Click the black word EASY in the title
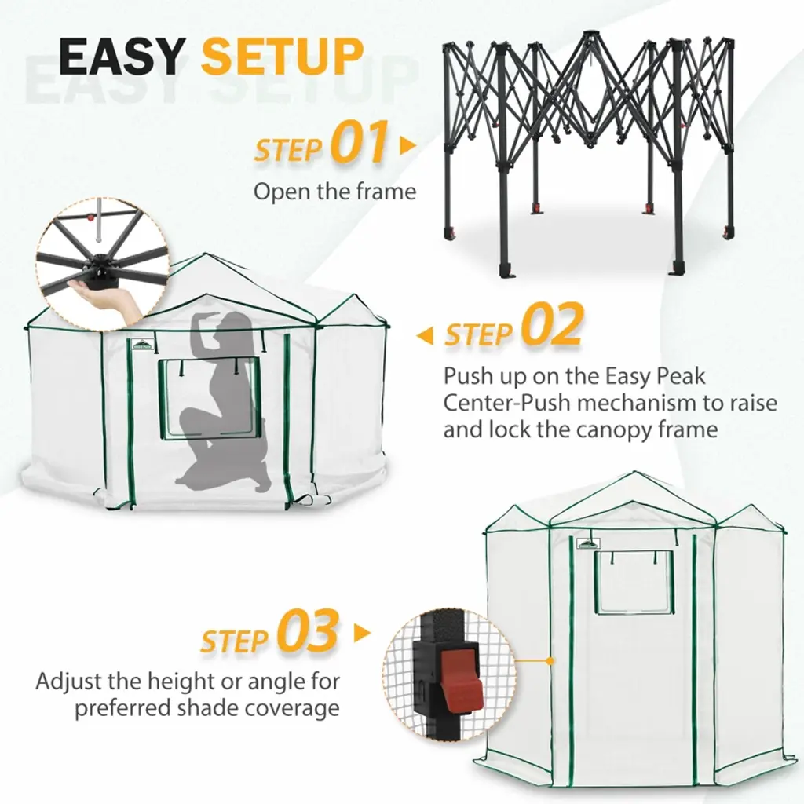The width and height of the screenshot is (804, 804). [121, 57]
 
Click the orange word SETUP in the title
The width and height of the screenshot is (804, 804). [282, 57]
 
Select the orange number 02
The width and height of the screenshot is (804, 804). [553, 325]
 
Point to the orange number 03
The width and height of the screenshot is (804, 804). [308, 630]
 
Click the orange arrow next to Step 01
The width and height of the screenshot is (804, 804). [407, 146]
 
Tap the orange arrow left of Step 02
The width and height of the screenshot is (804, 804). [424, 336]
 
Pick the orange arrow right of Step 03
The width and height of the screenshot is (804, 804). [362, 633]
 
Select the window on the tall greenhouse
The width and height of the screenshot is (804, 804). [634, 582]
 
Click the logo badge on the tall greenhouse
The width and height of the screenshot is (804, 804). [588, 543]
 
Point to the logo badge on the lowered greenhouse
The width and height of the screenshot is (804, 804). [142, 344]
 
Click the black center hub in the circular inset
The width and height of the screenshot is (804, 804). [101, 265]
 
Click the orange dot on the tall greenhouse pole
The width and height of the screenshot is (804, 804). [550, 661]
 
